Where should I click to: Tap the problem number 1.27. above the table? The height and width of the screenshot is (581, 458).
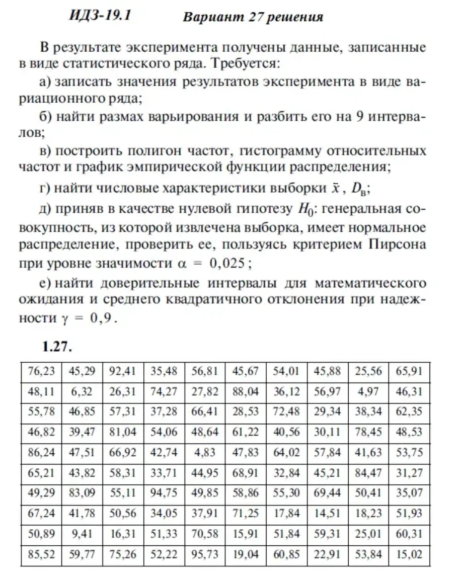[x=58, y=347]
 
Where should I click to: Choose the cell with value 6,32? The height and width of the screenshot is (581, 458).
[x=82, y=391]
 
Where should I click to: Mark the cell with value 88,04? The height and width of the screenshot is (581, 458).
[x=245, y=391]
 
